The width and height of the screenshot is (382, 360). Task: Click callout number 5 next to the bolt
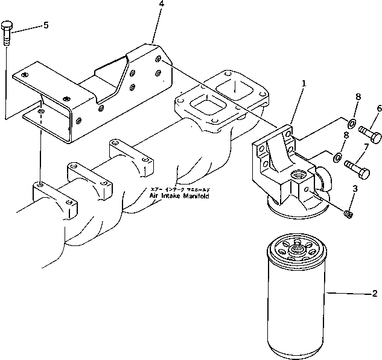pos(46,25)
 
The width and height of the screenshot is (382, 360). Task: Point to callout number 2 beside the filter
pos(374,294)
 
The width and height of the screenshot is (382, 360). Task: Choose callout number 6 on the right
pos(379,109)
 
